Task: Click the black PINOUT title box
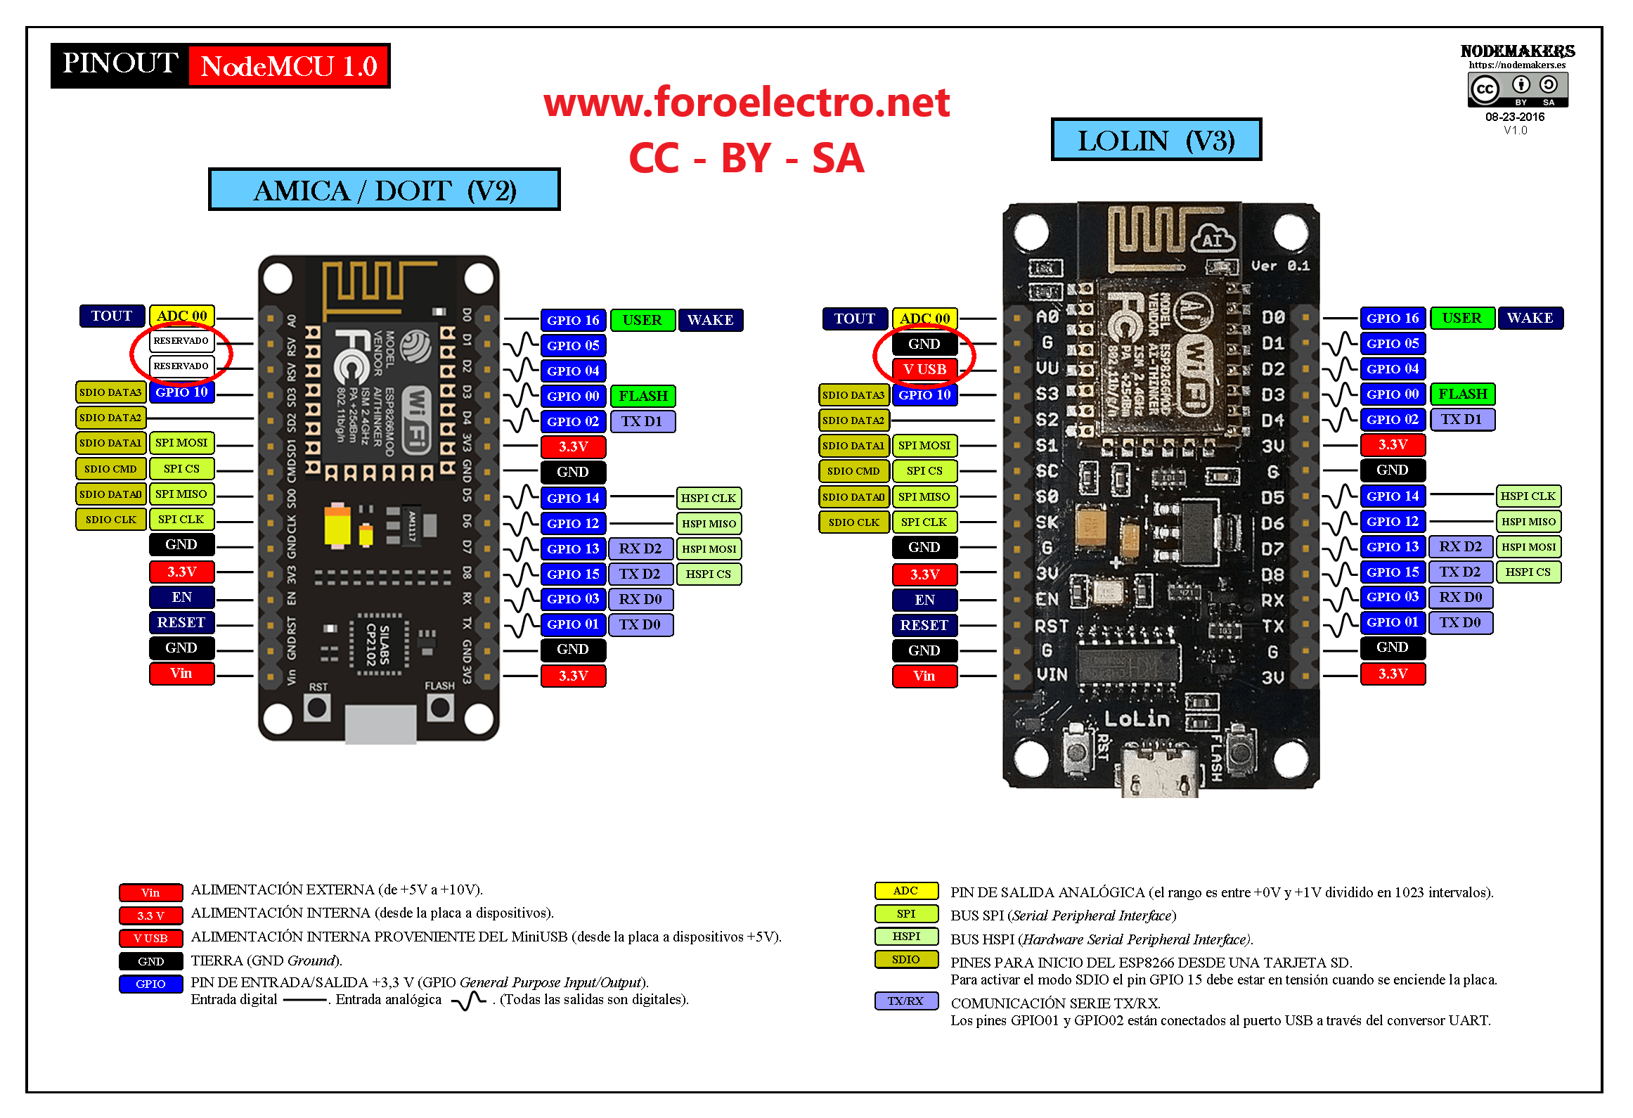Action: pyautogui.click(x=120, y=65)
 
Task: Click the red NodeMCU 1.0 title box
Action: pyautogui.click(x=289, y=66)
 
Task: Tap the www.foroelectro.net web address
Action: pyautogui.click(x=747, y=103)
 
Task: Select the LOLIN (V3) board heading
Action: pyautogui.click(x=1156, y=141)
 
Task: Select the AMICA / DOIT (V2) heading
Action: pyautogui.click(x=384, y=191)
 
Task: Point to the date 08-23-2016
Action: pyautogui.click(x=1514, y=117)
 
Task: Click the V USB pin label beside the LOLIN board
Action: pyautogui.click(x=924, y=370)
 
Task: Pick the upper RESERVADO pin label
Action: pyautogui.click(x=181, y=341)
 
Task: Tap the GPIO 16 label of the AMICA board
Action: pyautogui.click(x=573, y=321)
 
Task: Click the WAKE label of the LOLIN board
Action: pyautogui.click(x=1530, y=319)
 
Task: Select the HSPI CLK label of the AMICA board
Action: pyautogui.click(x=708, y=499)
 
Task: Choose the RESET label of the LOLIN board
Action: pyautogui.click(x=924, y=625)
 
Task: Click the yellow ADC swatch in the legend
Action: pyautogui.click(x=905, y=891)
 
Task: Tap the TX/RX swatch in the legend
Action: pyautogui.click(x=905, y=1001)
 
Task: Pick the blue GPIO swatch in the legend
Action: pyautogui.click(x=150, y=984)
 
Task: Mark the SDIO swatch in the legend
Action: pyautogui.click(x=905, y=959)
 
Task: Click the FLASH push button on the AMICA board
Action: pyautogui.click(x=440, y=707)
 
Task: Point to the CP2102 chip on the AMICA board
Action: pyautogui.click(x=379, y=644)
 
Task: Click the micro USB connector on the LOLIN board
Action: pyautogui.click(x=1160, y=773)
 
